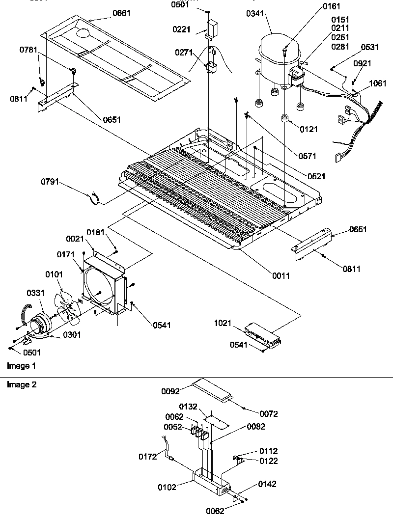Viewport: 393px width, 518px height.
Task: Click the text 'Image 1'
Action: coord(21,366)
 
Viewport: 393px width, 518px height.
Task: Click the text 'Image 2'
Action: coord(21,384)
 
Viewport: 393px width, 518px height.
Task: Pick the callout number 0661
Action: coord(121,13)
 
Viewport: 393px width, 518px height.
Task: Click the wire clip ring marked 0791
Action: coord(93,199)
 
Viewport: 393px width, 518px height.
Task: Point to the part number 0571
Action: coord(307,156)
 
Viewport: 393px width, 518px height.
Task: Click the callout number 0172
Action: coord(147,457)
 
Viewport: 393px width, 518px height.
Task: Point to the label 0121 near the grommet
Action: coord(309,129)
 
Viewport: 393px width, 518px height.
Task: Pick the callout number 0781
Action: coord(29,50)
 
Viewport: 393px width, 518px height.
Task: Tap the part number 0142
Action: coord(267,484)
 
